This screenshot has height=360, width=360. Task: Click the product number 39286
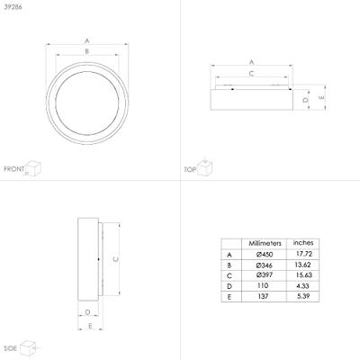point(13,7)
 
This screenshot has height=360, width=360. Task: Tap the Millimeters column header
point(265,243)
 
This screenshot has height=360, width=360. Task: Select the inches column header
point(303,243)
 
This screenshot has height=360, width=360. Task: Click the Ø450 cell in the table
point(265,255)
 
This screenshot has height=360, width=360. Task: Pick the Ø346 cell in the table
point(265,265)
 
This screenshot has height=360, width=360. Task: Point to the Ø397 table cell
point(265,275)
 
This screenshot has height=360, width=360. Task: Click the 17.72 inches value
point(304,254)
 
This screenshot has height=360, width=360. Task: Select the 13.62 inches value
point(302,265)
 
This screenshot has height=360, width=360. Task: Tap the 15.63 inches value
point(303,275)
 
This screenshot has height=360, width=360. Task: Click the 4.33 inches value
point(302,286)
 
